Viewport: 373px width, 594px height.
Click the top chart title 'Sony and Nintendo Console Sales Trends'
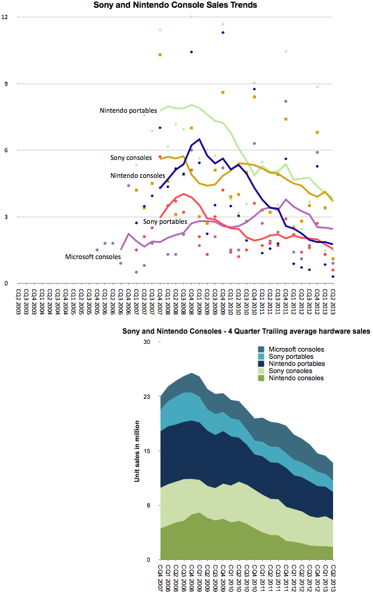tap(175, 5)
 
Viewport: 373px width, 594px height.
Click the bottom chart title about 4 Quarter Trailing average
tap(246, 331)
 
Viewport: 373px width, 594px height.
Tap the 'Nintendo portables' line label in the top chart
tap(128, 110)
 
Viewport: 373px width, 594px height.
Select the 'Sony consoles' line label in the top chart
tap(131, 158)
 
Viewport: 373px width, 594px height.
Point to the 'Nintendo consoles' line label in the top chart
tap(138, 176)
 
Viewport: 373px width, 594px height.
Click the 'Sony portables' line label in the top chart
tap(165, 221)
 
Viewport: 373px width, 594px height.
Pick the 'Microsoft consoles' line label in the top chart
tap(93, 257)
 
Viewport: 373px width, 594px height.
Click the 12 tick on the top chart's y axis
tap(5, 17)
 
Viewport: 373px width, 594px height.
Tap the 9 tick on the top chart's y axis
tap(6, 84)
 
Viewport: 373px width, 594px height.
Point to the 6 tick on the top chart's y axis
tap(6, 150)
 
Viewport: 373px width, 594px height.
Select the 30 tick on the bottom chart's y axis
tap(147, 341)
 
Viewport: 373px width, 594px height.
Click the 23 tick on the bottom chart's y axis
tap(147, 396)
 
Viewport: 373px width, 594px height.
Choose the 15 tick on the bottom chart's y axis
tap(147, 451)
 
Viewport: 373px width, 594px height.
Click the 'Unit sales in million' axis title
tap(137, 451)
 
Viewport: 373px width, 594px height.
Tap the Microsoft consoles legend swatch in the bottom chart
tap(261, 349)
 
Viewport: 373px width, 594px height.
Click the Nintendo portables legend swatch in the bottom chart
tap(261, 364)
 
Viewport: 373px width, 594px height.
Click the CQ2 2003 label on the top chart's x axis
tap(18, 302)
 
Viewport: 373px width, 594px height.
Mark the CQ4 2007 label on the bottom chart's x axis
tap(161, 578)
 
